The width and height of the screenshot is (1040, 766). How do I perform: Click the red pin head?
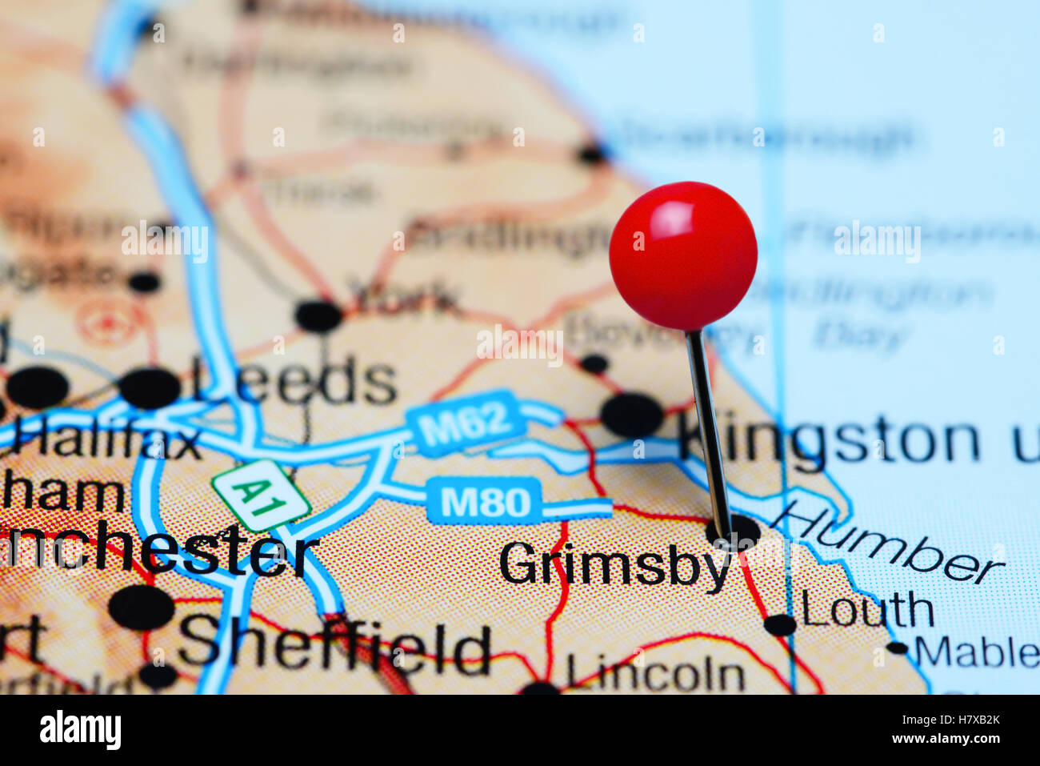pyautogui.click(x=682, y=255)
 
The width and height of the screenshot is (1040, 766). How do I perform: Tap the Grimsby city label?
pyautogui.click(x=614, y=565)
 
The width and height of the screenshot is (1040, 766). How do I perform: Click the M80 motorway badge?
pyautogui.click(x=485, y=502)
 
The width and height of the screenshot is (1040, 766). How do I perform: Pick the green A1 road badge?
pyautogui.click(x=260, y=495)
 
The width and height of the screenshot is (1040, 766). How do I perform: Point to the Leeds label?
pyautogui.click(x=294, y=381)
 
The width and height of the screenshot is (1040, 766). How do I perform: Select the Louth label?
pyautogui.click(x=867, y=610)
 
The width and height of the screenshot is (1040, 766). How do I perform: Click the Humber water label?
pyautogui.click(x=887, y=542)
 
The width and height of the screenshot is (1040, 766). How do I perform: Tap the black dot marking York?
pyautogui.click(x=318, y=315)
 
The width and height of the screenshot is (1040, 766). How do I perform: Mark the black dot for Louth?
pyautogui.click(x=779, y=624)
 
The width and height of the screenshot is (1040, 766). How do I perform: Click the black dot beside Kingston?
pyautogui.click(x=631, y=415)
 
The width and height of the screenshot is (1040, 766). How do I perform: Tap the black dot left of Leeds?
pyautogui.click(x=150, y=388)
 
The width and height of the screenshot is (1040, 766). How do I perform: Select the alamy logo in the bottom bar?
pyautogui.click(x=80, y=730)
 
